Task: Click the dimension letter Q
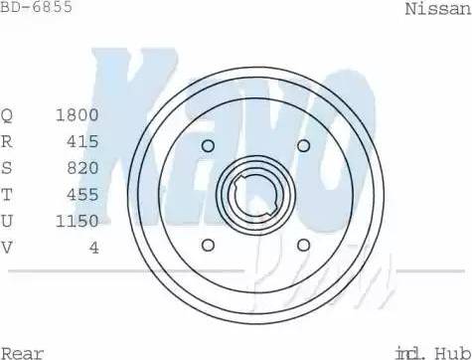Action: pyautogui.click(x=7, y=114)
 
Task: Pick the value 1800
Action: pyautogui.click(x=79, y=114)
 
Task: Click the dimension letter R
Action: pyautogui.click(x=7, y=141)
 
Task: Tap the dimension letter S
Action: pyautogui.click(x=7, y=168)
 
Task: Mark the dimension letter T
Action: pyautogui.click(x=7, y=195)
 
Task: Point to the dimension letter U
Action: pyautogui.click(x=7, y=221)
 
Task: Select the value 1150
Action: pyautogui.click(x=79, y=221)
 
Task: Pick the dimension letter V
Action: pyautogui.click(x=7, y=248)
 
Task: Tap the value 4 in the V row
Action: pyautogui.click(x=93, y=248)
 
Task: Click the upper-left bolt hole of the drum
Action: pyautogui.click(x=208, y=147)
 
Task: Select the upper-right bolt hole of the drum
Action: pyautogui.click(x=303, y=146)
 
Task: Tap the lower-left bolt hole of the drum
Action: pyautogui.click(x=209, y=246)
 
